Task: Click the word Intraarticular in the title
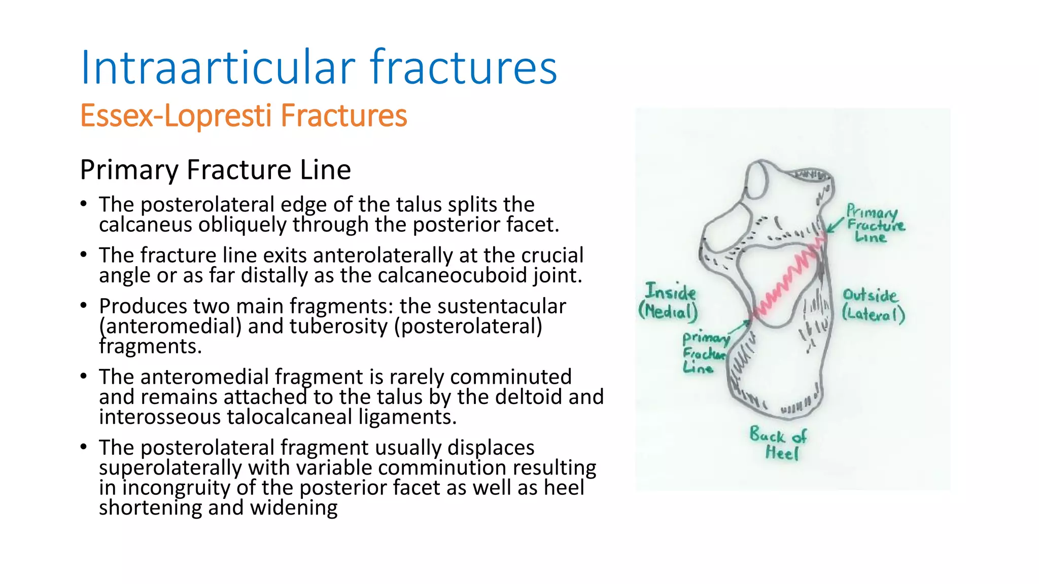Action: (x=218, y=67)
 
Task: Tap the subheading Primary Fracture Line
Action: (x=215, y=169)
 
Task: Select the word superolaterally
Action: (x=170, y=467)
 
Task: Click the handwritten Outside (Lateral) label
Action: (x=873, y=305)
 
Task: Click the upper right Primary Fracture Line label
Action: (x=874, y=224)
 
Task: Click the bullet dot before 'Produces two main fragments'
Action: (x=84, y=306)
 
